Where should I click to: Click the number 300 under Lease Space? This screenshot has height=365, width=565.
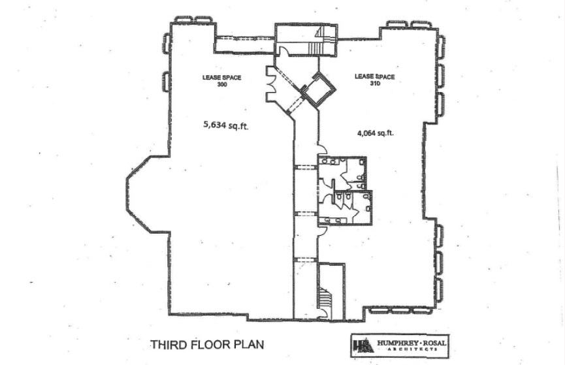(222, 85)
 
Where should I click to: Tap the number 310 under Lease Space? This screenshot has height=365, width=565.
(375, 83)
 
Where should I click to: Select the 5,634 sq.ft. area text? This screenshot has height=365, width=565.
(226, 125)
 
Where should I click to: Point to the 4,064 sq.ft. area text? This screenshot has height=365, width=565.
(375, 133)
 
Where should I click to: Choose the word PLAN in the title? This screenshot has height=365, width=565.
(249, 345)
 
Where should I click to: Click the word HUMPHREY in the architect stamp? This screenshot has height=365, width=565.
(395, 343)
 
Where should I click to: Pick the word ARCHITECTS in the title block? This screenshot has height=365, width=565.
(412, 349)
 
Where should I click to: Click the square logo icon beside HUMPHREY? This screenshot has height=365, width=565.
(363, 345)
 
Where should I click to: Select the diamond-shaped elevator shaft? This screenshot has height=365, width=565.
(318, 89)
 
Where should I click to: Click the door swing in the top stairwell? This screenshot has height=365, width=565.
(283, 51)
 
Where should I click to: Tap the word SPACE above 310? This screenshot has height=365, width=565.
(385, 76)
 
